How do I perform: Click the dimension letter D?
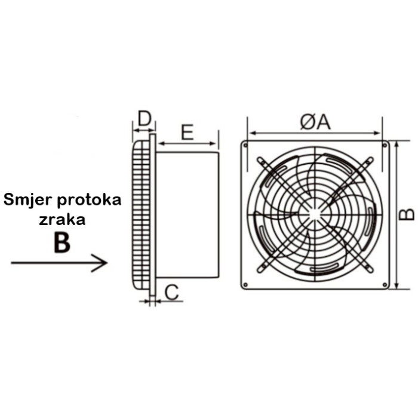tap(143, 118)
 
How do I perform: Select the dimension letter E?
tap(188, 132)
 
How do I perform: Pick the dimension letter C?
tap(171, 292)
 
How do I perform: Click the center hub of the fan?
tap(315, 214)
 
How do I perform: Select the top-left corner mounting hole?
tap(245, 145)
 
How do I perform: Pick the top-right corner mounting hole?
tap(384, 145)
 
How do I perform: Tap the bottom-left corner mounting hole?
tap(245, 284)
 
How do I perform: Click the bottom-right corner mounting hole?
tap(384, 284)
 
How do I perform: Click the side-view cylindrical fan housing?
tap(187, 215)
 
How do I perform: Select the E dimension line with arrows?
tap(188, 143)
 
